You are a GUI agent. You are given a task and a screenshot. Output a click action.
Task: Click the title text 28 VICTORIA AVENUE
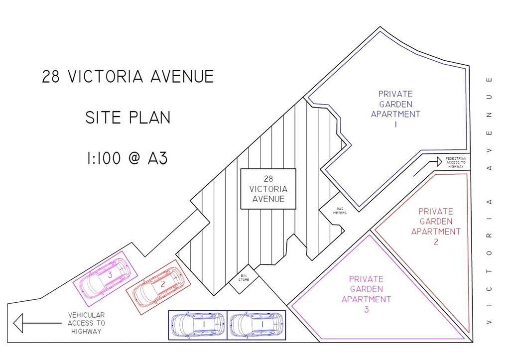[x=128, y=76]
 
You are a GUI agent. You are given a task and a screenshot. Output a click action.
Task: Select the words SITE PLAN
[x=128, y=118]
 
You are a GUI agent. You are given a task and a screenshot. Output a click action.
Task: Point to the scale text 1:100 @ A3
[x=127, y=158]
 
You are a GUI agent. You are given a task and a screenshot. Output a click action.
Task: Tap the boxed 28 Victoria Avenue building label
[x=268, y=189]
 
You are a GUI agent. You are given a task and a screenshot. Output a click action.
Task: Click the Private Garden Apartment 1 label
[x=395, y=109]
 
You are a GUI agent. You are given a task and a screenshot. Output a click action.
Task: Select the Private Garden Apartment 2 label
[x=436, y=227]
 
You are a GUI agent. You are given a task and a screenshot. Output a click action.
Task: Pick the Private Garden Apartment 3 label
[x=366, y=294]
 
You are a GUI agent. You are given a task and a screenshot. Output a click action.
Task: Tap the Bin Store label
[x=244, y=278]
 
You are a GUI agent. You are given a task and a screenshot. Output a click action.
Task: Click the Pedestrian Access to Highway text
[x=456, y=162]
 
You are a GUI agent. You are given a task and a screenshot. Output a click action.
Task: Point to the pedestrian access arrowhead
[x=439, y=162]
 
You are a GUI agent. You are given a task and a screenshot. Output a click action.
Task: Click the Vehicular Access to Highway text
[x=86, y=323]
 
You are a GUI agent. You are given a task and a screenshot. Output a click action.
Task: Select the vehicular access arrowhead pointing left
[x=18, y=323]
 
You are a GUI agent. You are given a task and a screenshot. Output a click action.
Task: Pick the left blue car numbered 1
[x=198, y=325]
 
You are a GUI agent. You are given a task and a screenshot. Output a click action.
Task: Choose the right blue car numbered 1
[x=256, y=325]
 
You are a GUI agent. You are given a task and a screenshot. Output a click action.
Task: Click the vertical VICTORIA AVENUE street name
[x=489, y=201]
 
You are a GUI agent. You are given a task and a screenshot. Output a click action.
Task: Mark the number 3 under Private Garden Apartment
[x=367, y=309]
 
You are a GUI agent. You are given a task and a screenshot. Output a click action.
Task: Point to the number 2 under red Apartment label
[x=436, y=241]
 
